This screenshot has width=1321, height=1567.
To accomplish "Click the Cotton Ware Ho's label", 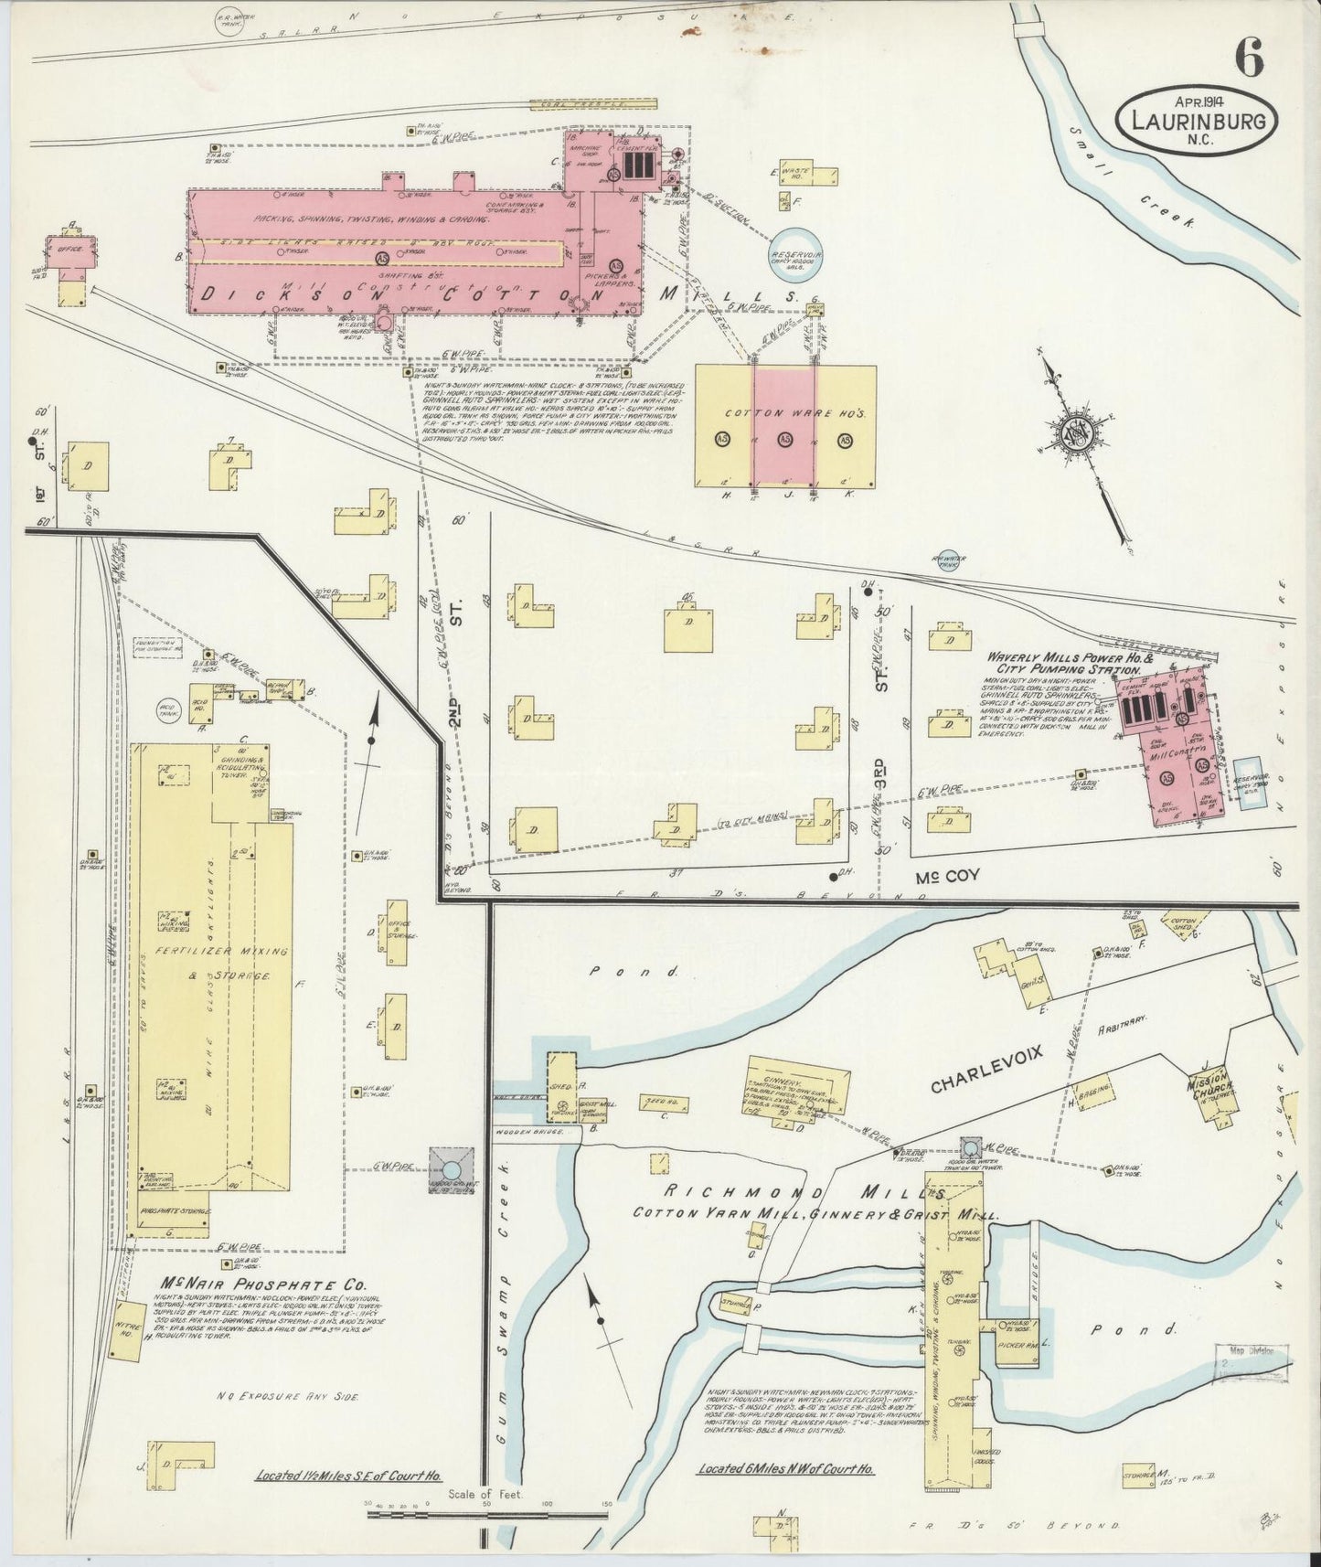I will pos(784,413).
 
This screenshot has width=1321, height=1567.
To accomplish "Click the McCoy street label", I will pos(948,876).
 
